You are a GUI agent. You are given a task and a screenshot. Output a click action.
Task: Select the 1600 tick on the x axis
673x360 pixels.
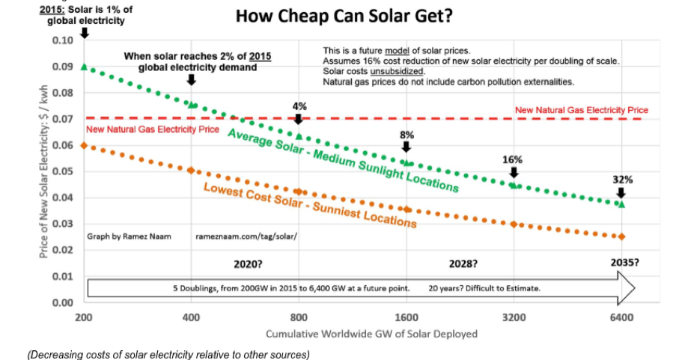point(406,317)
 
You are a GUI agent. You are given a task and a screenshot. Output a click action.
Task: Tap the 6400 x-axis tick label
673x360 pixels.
point(621,317)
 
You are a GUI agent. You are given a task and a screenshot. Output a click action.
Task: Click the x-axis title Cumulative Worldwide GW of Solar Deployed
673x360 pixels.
point(371,334)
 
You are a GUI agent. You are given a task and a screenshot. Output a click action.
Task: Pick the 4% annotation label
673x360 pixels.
point(299,106)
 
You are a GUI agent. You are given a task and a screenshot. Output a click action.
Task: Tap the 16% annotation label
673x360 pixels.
point(513,159)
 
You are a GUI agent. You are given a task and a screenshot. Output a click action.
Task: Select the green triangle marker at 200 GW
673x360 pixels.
point(84,67)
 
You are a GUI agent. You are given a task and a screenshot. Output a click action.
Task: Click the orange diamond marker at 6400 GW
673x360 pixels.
point(621,237)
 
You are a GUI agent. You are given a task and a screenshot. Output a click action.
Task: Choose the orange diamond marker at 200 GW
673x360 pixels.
point(84,145)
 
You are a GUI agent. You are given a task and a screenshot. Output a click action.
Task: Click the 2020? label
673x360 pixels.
point(249,264)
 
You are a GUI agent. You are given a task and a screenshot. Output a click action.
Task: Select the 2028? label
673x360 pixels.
point(463,264)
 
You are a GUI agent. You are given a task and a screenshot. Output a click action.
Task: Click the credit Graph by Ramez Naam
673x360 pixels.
point(129,237)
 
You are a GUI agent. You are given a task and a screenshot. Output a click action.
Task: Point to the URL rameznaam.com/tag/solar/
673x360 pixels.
point(246,237)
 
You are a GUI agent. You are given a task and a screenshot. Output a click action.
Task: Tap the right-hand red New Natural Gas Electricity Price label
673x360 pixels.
point(581,110)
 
